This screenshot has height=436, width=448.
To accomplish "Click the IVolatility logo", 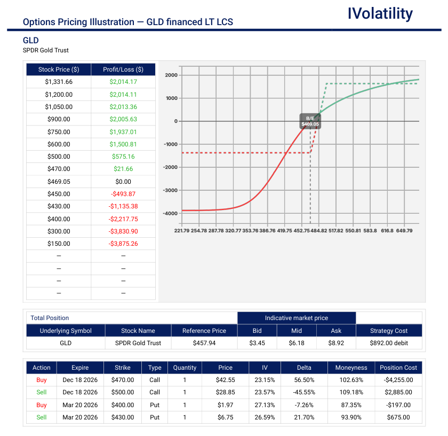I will pyautogui.click(x=380, y=14).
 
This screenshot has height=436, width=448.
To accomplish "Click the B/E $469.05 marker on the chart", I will pyautogui.click(x=310, y=121).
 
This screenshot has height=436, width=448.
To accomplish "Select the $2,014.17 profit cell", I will pyautogui.click(x=123, y=82).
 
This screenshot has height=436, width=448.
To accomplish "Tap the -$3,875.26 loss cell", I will pyautogui.click(x=123, y=244).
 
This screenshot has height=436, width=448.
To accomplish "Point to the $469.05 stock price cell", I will pyautogui.click(x=59, y=182).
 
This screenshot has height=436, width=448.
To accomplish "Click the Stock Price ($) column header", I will pyautogui.click(x=59, y=69).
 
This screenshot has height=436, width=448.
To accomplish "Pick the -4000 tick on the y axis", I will pyautogui.click(x=171, y=213).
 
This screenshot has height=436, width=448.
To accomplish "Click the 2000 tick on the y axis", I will pyautogui.click(x=171, y=75).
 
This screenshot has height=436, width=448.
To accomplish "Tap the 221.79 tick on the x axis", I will pyautogui.click(x=182, y=231).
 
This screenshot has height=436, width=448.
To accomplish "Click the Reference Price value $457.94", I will pyautogui.click(x=204, y=343).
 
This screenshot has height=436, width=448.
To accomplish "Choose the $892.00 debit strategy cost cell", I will pyautogui.click(x=389, y=343).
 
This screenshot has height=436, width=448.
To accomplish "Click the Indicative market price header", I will pyautogui.click(x=297, y=318).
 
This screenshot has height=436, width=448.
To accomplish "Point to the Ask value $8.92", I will pyautogui.click(x=337, y=343).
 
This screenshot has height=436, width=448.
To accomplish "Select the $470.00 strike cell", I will pyautogui.click(x=123, y=380).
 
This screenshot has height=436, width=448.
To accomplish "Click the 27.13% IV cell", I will pyautogui.click(x=265, y=405).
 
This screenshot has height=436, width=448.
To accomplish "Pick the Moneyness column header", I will pyautogui.click(x=351, y=368).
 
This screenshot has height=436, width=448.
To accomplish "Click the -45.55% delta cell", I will pyautogui.click(x=305, y=393).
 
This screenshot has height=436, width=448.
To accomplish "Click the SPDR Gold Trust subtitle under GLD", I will pyautogui.click(x=46, y=50).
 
